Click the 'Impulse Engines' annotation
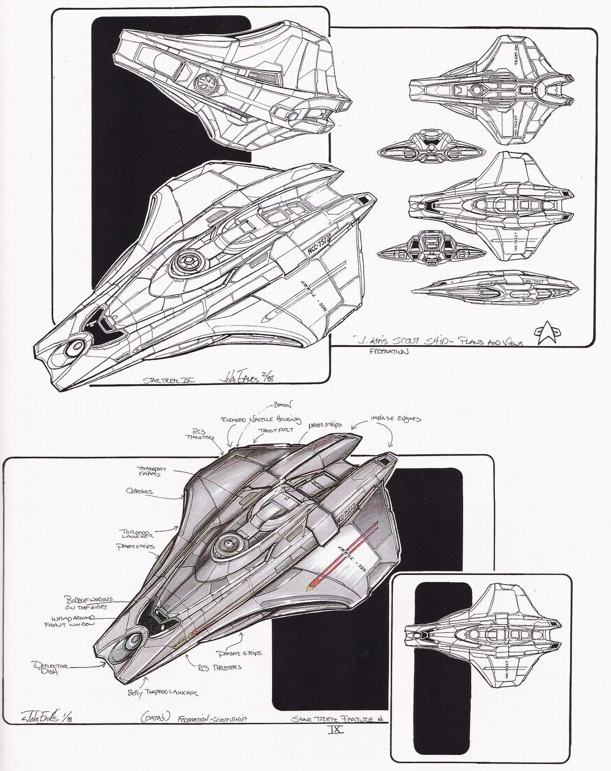(396, 419)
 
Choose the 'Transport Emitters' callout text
(151, 471)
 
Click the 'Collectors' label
(139, 491)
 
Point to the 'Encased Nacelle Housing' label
(261, 419)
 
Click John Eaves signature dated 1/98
(39, 726)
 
